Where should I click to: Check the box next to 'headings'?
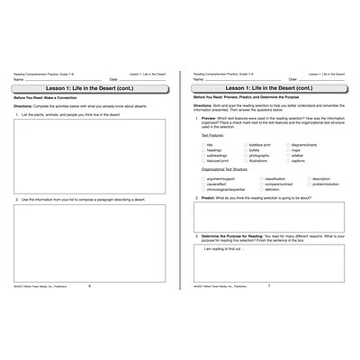(x=202, y=149)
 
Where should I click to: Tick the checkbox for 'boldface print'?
(x=246, y=144)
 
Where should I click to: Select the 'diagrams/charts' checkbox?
(x=288, y=144)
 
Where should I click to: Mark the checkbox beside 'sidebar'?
(x=288, y=155)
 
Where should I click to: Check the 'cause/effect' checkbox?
(x=202, y=184)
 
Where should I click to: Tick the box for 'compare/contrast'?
(x=262, y=184)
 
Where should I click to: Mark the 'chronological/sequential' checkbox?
(x=202, y=189)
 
